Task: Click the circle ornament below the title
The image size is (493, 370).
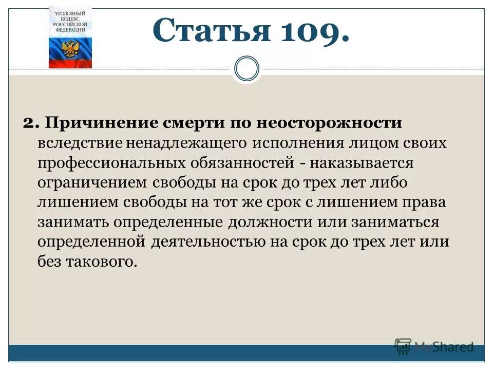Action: [246, 69]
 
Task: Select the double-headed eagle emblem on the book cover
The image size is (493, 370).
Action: [70, 49]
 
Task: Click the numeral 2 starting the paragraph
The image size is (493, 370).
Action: [29, 123]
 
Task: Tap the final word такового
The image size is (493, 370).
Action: [102, 262]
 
